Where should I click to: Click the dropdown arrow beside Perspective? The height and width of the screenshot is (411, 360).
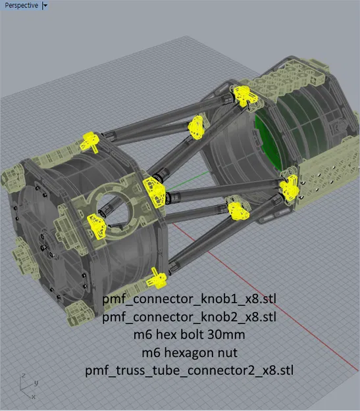click(45, 5)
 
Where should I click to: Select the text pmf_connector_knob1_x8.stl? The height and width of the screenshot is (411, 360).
click(189, 299)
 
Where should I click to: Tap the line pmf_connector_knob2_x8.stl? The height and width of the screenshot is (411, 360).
click(189, 317)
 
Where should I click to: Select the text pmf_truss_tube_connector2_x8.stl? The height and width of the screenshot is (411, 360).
click(189, 371)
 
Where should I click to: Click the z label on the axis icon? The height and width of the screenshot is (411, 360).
click(23, 376)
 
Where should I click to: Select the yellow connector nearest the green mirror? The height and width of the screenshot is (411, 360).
click(289, 187)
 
